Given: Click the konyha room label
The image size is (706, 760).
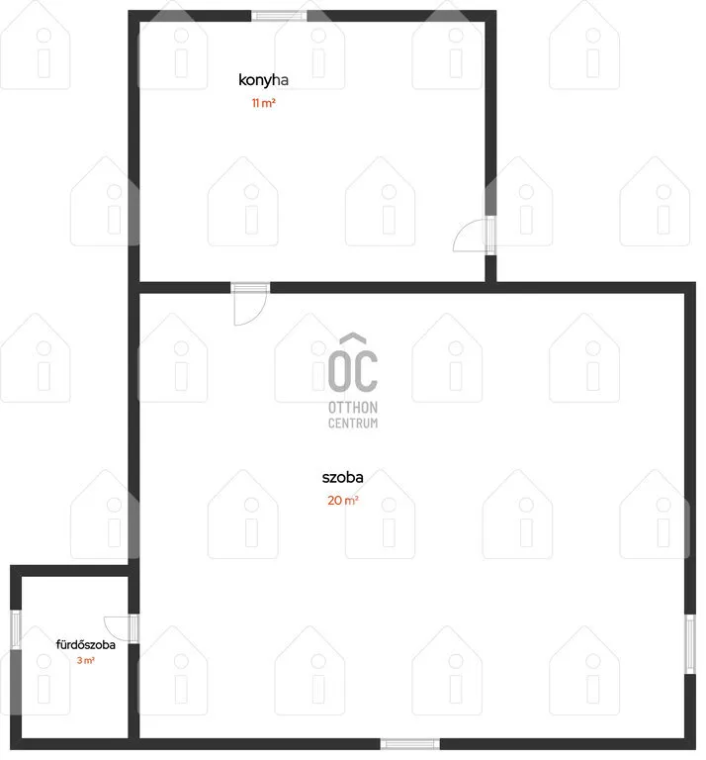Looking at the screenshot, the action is [x=263, y=80].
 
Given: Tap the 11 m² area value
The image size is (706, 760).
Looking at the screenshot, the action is [x=263, y=103].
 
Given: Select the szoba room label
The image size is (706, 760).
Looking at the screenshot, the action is [x=342, y=477].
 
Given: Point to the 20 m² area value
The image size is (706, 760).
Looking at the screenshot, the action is [x=343, y=500].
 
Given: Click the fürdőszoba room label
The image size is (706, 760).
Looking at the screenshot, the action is [x=86, y=644].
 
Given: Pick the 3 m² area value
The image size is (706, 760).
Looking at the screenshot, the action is [x=86, y=660].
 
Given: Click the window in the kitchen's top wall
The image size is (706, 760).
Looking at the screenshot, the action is [x=279, y=16].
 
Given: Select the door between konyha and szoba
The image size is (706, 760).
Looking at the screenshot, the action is [x=250, y=303].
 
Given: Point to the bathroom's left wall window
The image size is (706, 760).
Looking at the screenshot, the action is [x=16, y=629].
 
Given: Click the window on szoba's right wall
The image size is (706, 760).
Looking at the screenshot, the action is [x=690, y=643].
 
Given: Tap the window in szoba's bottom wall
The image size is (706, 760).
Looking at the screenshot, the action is [x=410, y=744].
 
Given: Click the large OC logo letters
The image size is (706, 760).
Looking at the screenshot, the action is [x=353, y=371].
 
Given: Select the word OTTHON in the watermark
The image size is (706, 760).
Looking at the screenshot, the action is [x=353, y=408].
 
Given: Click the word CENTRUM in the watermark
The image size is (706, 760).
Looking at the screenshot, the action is [x=353, y=424].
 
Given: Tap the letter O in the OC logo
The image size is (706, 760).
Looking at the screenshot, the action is [x=339, y=371].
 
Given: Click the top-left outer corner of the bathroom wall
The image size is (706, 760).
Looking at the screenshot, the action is [x=11, y=566].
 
